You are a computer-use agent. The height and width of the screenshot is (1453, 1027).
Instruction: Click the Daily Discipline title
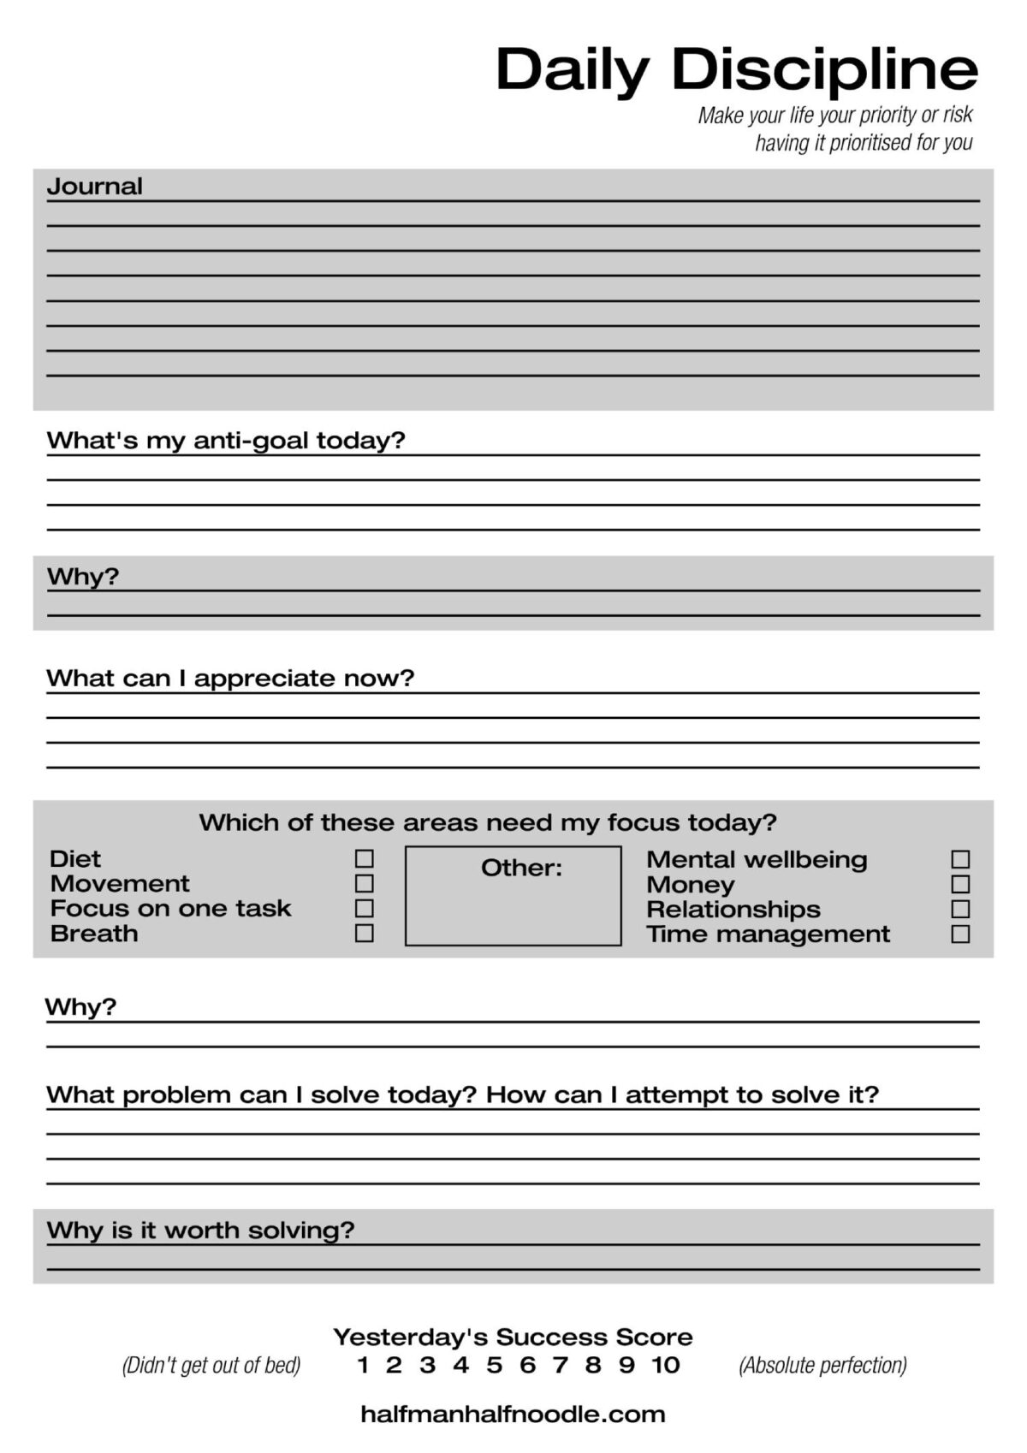click(x=736, y=69)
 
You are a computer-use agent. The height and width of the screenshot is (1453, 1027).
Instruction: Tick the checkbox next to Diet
click(x=365, y=858)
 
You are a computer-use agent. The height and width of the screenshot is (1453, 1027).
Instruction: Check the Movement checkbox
click(x=365, y=883)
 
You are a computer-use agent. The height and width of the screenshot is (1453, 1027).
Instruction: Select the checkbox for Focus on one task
click(x=365, y=908)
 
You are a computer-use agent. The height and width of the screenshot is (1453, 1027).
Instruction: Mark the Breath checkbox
click(x=365, y=933)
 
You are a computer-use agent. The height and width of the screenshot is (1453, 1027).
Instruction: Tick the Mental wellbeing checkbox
click(x=960, y=859)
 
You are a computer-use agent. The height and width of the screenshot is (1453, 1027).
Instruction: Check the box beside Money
click(x=960, y=884)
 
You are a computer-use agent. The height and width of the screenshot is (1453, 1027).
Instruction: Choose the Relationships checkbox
click(x=960, y=909)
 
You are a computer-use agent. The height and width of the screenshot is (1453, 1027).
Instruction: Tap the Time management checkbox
click(x=960, y=934)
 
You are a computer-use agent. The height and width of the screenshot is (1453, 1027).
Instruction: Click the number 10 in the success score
click(x=665, y=1365)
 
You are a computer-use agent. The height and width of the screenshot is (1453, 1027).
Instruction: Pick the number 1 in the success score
click(x=363, y=1365)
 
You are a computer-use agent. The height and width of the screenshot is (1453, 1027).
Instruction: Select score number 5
click(x=494, y=1365)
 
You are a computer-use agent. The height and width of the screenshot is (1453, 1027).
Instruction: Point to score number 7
click(x=561, y=1365)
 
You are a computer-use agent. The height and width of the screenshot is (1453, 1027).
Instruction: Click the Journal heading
click(x=94, y=187)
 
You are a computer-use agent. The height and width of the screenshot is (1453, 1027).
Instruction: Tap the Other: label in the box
click(x=521, y=868)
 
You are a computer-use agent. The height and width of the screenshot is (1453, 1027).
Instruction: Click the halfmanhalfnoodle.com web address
click(x=513, y=1414)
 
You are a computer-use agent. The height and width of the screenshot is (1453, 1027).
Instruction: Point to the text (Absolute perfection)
click(x=822, y=1365)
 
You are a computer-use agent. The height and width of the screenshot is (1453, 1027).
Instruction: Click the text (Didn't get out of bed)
click(x=211, y=1365)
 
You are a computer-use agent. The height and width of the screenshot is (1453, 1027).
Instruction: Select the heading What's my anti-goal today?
click(x=225, y=441)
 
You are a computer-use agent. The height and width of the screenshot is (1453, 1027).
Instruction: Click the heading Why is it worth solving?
click(x=200, y=1231)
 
